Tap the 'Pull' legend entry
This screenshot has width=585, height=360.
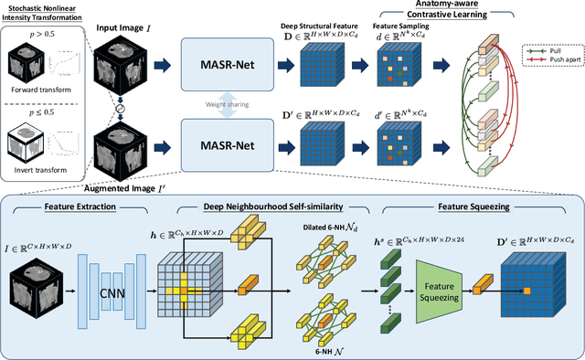[552, 41]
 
